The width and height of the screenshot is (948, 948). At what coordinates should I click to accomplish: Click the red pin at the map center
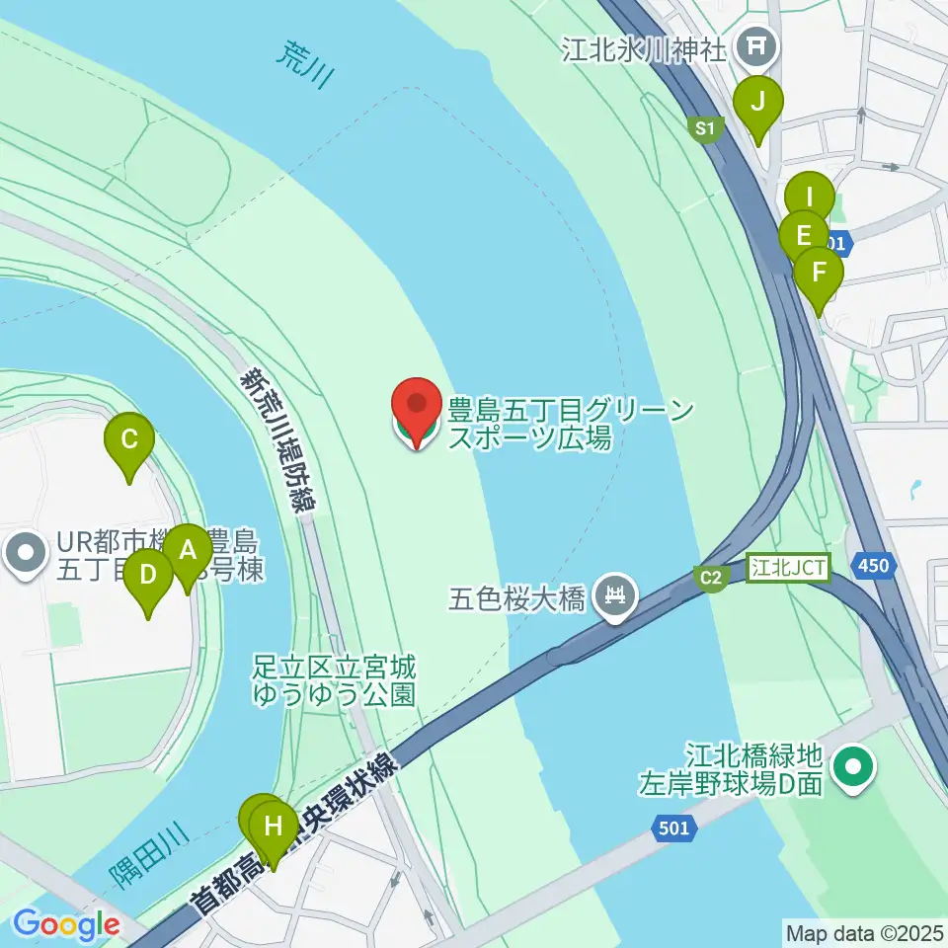tap(417, 407)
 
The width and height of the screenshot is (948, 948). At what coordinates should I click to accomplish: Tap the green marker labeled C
tap(129, 440)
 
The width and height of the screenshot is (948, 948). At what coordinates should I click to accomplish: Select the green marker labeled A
tap(188, 552)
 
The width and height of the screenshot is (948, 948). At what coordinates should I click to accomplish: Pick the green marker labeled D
tap(149, 576)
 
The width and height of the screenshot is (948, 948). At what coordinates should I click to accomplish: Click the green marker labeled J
tap(758, 102)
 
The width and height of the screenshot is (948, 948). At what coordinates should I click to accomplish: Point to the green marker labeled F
tap(819, 273)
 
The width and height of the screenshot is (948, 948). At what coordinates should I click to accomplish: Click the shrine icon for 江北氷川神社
tap(759, 44)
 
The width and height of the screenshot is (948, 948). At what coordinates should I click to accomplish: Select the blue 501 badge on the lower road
tap(673, 829)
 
